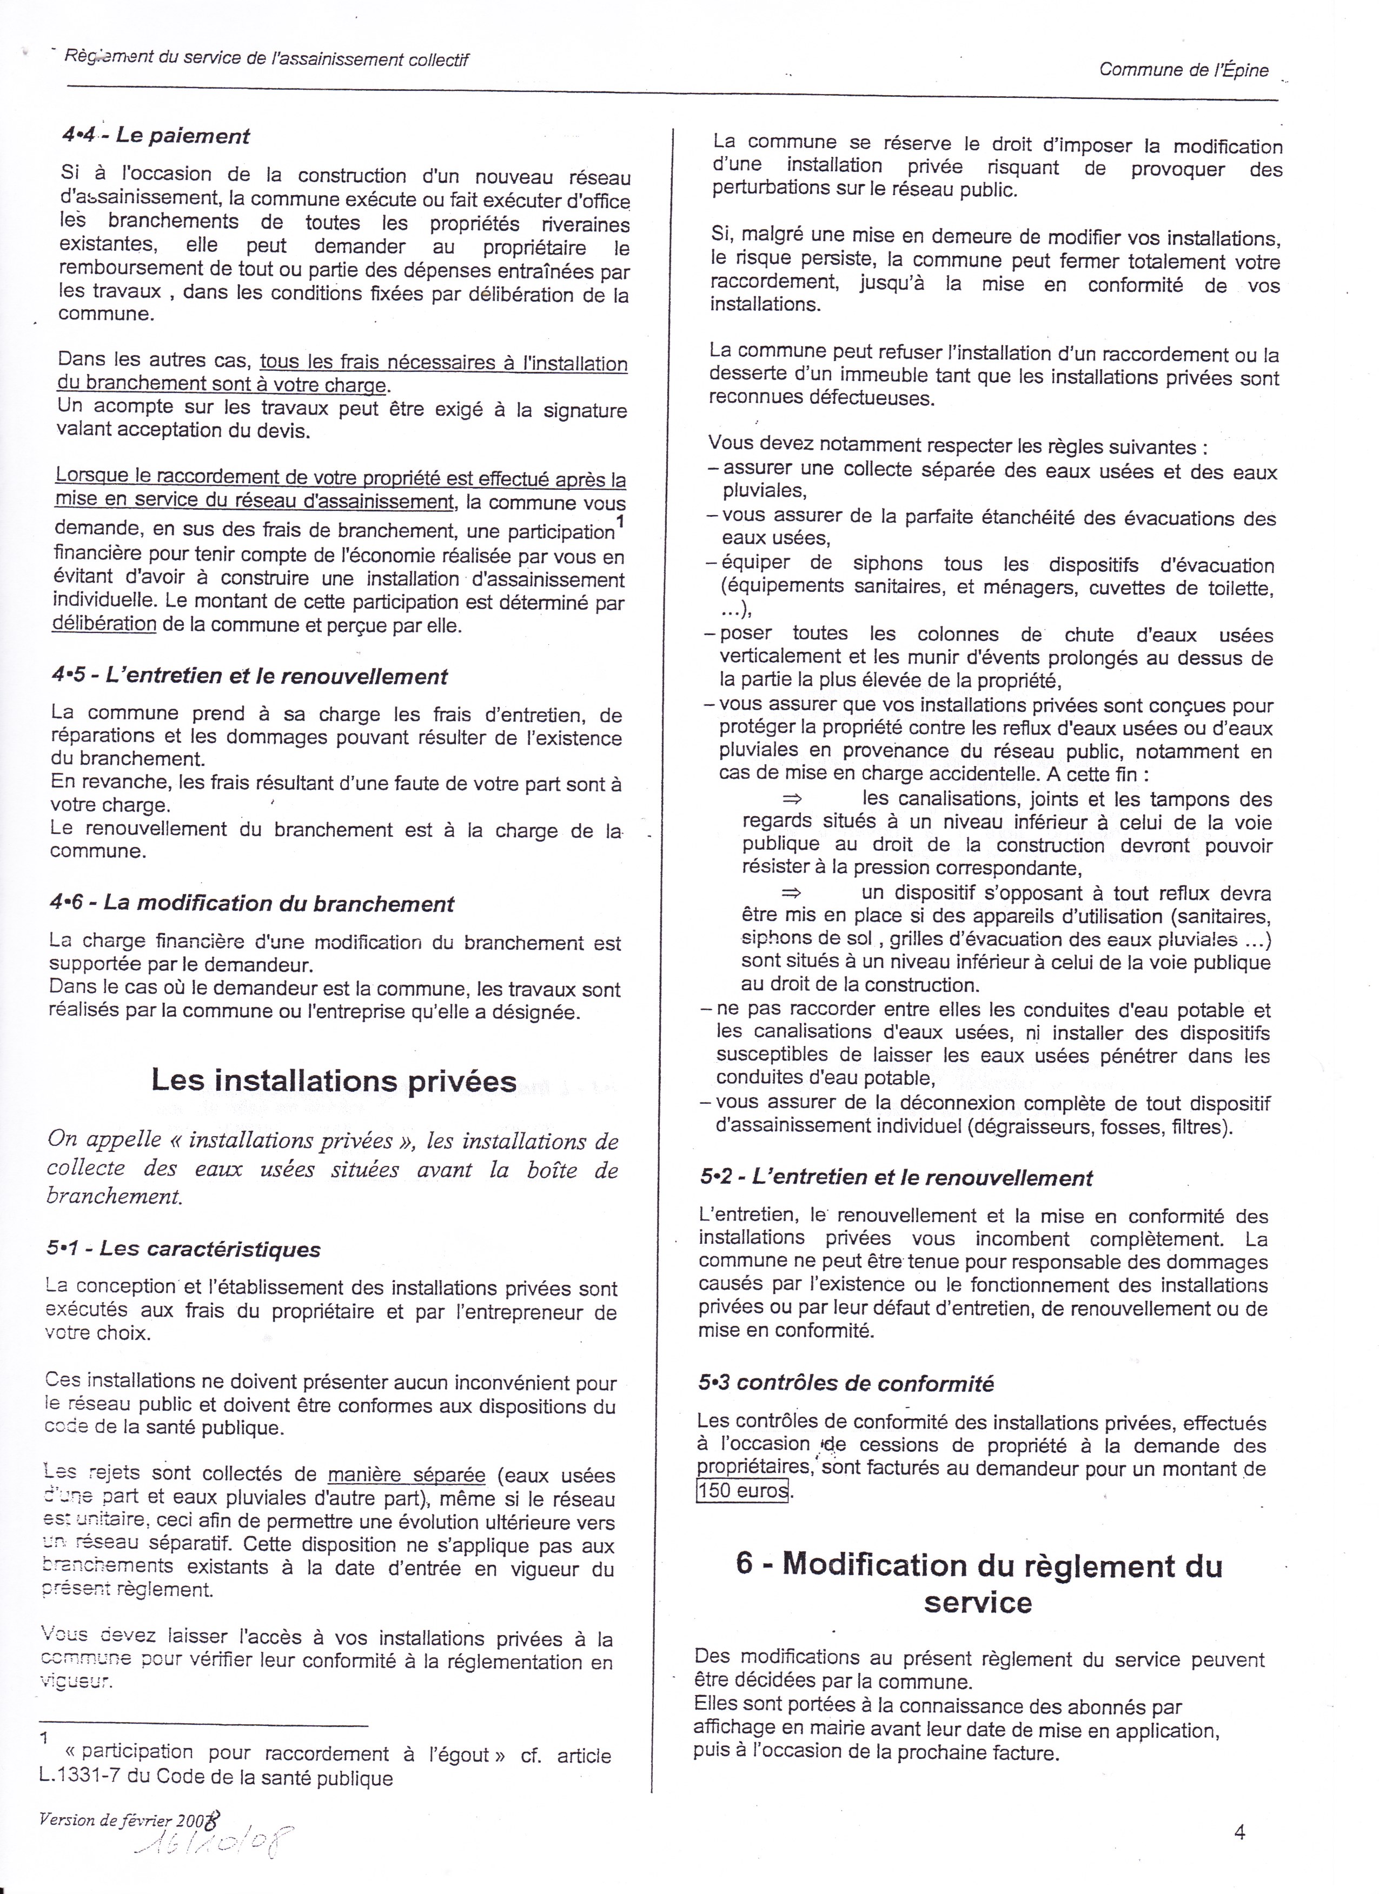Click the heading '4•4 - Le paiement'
(x=155, y=135)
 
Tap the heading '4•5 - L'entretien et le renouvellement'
(x=249, y=676)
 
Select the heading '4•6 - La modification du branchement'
(x=251, y=904)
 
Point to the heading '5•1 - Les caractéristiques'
(x=184, y=1249)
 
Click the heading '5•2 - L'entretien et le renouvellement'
(x=896, y=1178)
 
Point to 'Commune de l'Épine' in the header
(x=1184, y=70)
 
